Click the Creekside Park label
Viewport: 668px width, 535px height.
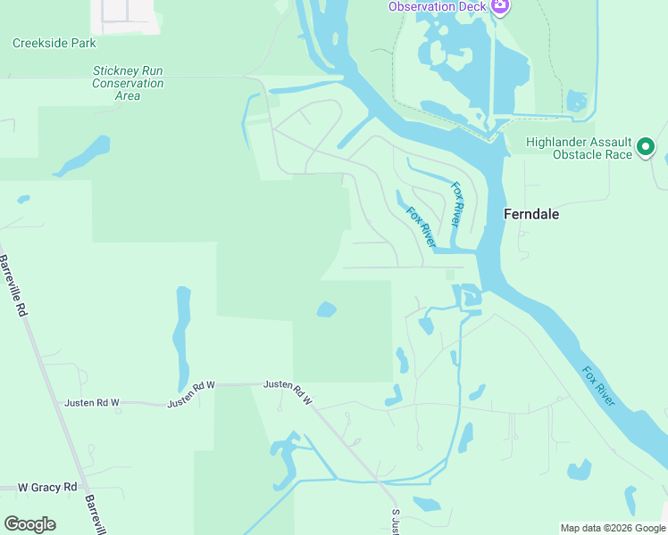(x=54, y=43)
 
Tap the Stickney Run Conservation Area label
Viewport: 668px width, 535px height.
(x=128, y=83)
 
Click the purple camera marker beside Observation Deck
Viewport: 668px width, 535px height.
(x=500, y=7)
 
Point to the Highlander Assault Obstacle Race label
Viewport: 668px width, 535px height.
(x=579, y=148)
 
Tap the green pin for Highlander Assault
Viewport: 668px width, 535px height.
(x=646, y=148)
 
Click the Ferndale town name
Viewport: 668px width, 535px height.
(x=531, y=214)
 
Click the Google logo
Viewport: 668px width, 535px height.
(x=29, y=524)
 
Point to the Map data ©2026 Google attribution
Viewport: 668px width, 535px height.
(x=612, y=528)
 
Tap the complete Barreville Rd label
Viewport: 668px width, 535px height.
(x=14, y=287)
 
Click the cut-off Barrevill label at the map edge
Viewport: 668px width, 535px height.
(x=95, y=515)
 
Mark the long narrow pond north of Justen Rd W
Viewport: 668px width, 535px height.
(x=183, y=334)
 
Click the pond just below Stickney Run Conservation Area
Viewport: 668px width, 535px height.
(x=85, y=153)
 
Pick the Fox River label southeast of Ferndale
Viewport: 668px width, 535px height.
(x=598, y=385)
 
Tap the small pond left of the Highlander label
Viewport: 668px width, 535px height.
(x=579, y=101)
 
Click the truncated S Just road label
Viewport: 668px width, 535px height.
(x=395, y=523)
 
